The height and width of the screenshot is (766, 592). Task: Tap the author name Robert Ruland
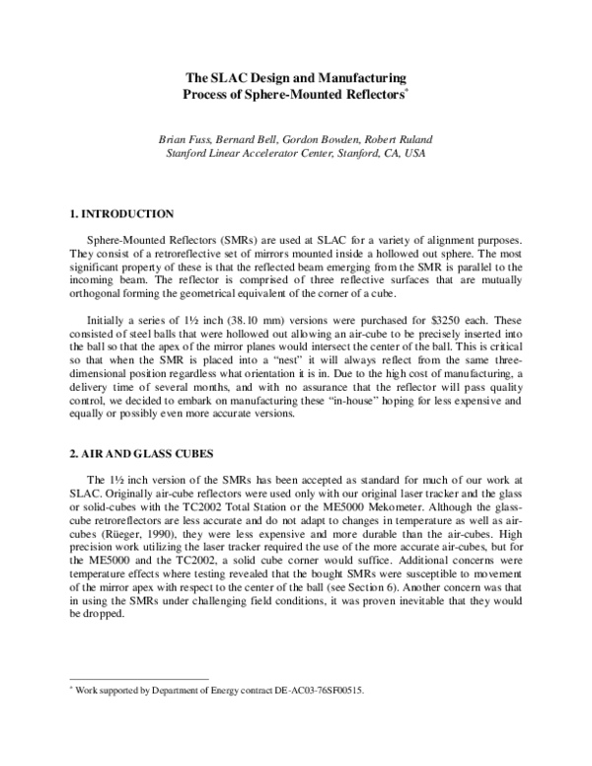coord(400,139)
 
